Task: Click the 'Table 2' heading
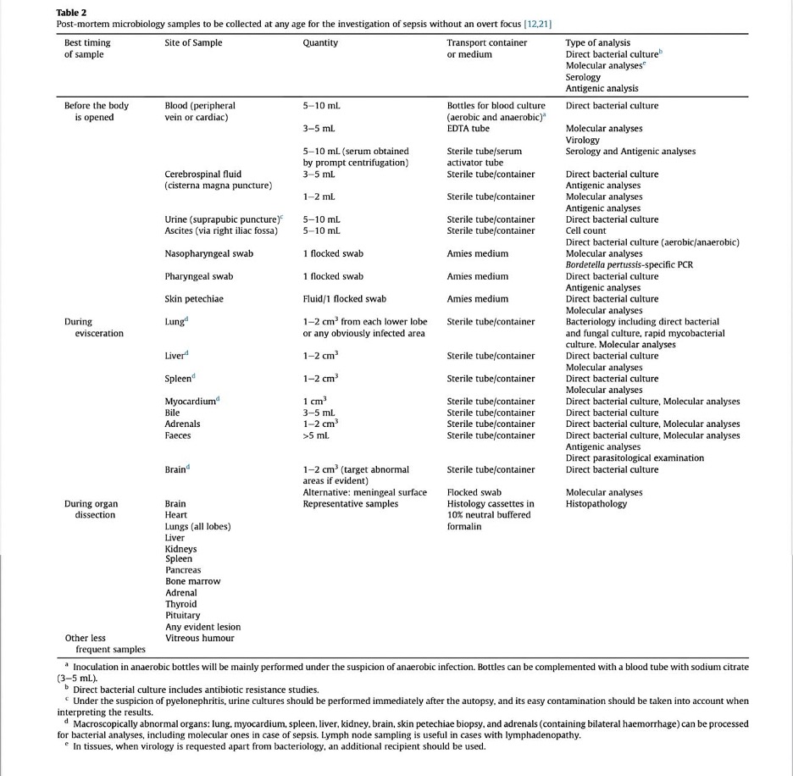tap(71, 12)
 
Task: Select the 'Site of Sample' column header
tap(193, 42)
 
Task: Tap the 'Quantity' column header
tap(320, 42)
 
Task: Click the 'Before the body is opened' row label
tap(96, 111)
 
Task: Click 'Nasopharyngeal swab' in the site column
tap(208, 253)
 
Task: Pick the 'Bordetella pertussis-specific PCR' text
tap(629, 264)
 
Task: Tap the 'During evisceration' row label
tap(93, 327)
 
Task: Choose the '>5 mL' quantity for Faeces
tap(316, 435)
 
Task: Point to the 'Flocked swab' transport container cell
tap(474, 492)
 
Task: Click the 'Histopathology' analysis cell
tap(596, 504)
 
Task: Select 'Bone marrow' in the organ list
tap(192, 581)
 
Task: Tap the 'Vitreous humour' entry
tap(199, 638)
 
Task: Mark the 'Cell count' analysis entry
tap(585, 230)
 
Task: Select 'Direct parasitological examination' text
tap(635, 458)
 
